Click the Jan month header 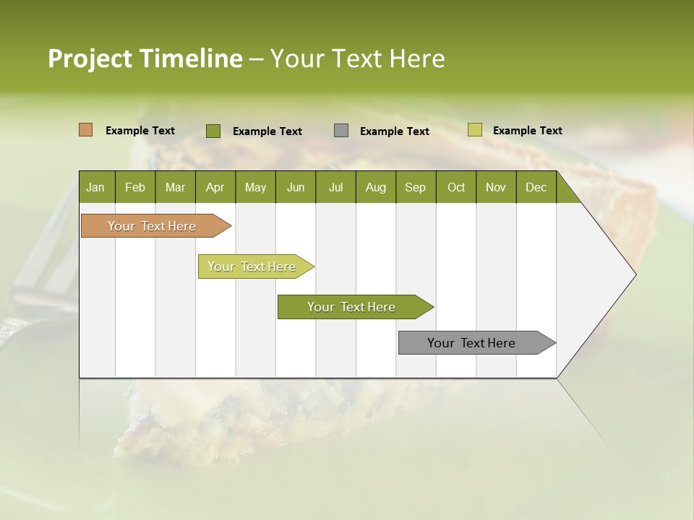coord(96,187)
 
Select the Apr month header coord(215,187)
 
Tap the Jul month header coord(335,187)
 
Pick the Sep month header coord(415,187)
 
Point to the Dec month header coord(536,187)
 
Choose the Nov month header coord(496,187)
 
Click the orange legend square coord(86,130)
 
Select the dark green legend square coord(213,131)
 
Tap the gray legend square coord(341,131)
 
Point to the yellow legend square coord(474,130)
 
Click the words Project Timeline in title coord(145,58)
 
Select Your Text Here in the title coord(357,58)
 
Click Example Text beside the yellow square coord(527,131)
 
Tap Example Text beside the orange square coord(140,131)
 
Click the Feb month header coord(135,187)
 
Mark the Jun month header coord(295,187)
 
